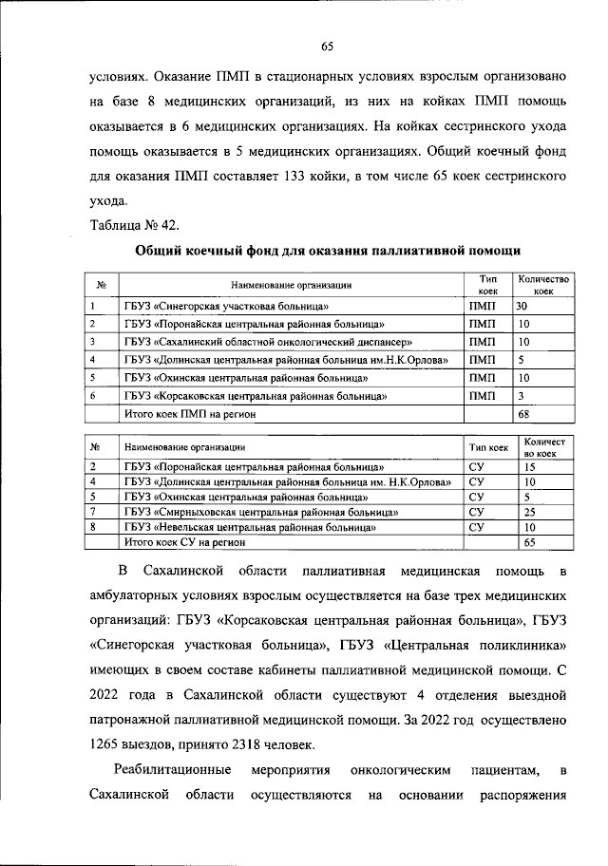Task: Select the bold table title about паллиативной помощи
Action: [x=327, y=251]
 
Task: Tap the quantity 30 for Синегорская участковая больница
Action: [x=522, y=307]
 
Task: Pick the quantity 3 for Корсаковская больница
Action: [x=521, y=394]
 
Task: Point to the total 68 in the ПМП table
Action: [x=522, y=413]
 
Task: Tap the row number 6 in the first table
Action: [x=92, y=394]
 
